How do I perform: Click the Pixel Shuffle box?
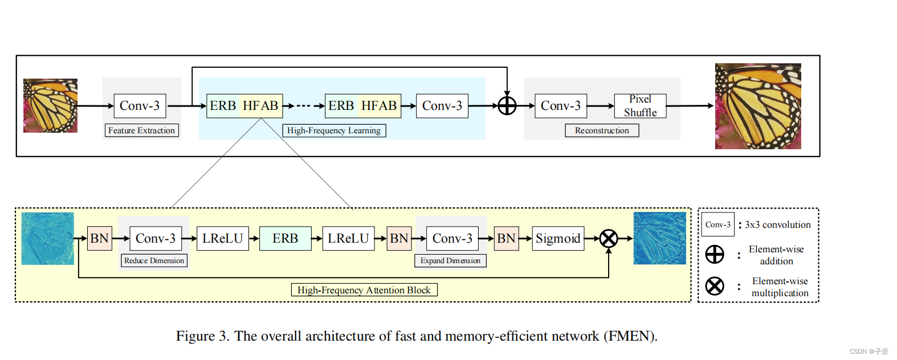point(640,106)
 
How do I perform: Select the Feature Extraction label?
point(141,130)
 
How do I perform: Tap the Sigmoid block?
point(558,239)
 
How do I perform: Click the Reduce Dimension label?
point(154,260)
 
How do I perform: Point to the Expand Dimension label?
point(450,260)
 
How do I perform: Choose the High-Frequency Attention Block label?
point(364,290)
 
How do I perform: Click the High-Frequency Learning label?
point(334,130)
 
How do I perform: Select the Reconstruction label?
point(602,130)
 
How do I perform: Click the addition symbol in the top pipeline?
point(507,105)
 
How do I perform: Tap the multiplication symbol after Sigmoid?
point(609,238)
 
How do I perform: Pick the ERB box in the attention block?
point(286,239)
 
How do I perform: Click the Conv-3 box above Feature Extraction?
point(140,106)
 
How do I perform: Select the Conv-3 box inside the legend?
point(717,224)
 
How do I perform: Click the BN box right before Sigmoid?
point(506,239)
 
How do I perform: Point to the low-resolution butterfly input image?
point(50,105)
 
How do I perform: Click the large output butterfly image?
point(758,106)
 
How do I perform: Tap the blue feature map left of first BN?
point(47,238)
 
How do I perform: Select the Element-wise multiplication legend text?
point(780,287)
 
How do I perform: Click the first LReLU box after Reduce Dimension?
point(223,239)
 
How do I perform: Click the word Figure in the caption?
point(195,336)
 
